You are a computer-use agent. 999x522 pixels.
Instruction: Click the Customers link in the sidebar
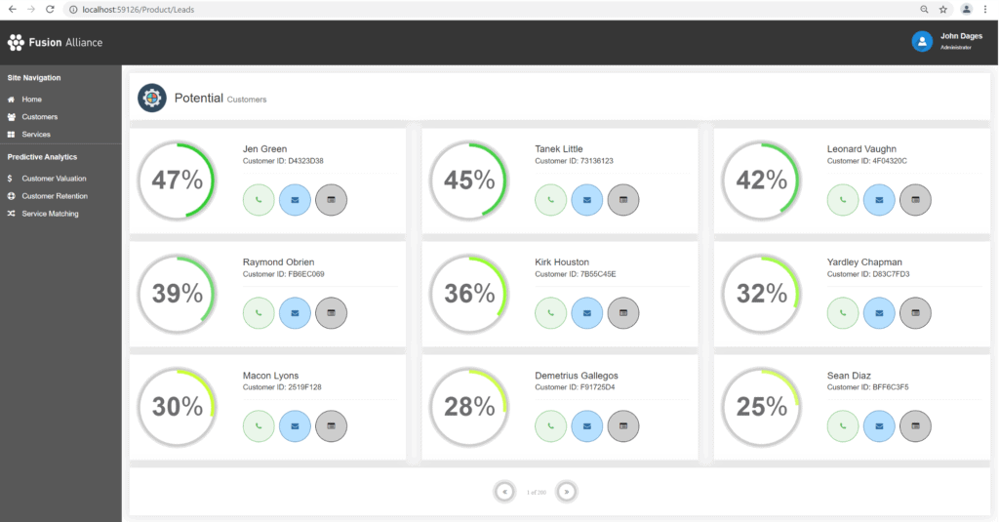tap(39, 117)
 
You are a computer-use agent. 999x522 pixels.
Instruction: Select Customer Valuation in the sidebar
tap(54, 179)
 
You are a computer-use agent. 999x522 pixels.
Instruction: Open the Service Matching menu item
tap(50, 214)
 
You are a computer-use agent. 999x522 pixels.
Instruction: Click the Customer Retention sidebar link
tap(55, 196)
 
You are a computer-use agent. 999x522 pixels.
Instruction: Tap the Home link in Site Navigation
tap(31, 100)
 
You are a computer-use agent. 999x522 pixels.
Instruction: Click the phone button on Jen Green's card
tap(259, 199)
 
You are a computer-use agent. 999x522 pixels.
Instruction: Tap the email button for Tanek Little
tap(587, 199)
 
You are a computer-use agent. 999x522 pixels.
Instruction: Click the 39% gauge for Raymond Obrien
tap(178, 293)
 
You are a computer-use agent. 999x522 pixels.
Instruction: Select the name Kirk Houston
tap(562, 262)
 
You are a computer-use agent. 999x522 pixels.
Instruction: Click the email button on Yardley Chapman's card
tap(879, 312)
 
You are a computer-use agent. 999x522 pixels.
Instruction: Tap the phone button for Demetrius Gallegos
tap(551, 425)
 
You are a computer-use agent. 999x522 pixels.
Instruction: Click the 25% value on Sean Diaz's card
tap(762, 406)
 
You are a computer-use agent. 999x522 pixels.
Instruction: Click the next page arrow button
tap(567, 492)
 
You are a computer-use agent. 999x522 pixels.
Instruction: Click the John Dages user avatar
tap(922, 41)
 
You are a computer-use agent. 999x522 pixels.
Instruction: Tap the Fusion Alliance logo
tap(55, 42)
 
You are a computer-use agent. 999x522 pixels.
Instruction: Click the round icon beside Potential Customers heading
tap(152, 98)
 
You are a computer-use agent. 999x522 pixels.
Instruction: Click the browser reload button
tap(49, 9)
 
